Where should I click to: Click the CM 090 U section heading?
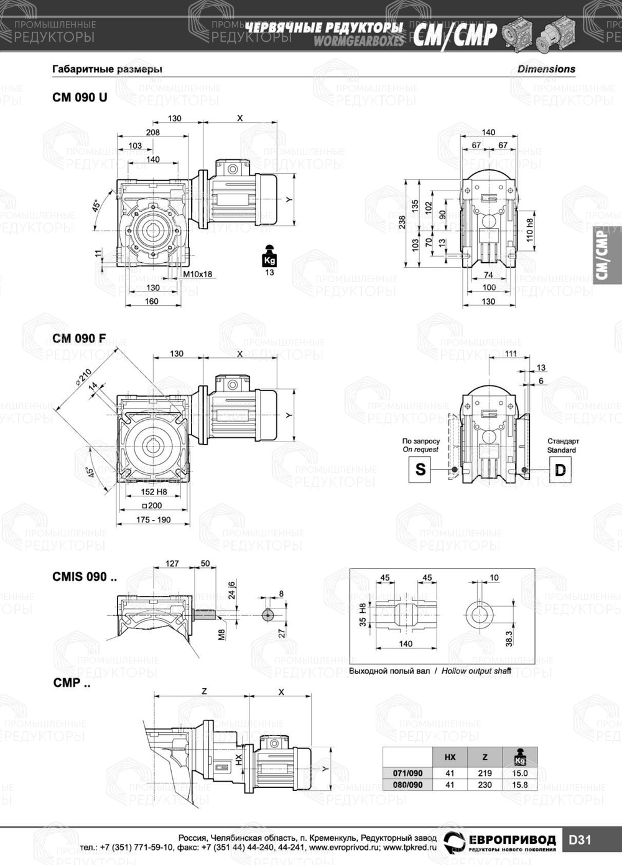80,97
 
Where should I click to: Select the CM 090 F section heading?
79,338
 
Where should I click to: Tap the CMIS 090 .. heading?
84,577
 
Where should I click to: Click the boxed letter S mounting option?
420,469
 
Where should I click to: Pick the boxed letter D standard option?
560,469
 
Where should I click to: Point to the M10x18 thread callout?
198,274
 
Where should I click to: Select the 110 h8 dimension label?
530,230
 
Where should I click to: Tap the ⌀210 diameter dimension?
83,378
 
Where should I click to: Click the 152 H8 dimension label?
154,492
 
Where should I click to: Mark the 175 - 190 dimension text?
154,519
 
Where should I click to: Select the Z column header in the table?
485,757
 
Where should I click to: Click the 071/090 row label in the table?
407,773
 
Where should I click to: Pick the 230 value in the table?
485,785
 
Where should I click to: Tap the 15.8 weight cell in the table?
519,785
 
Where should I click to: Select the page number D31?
580,840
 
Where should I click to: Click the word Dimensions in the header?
546,69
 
